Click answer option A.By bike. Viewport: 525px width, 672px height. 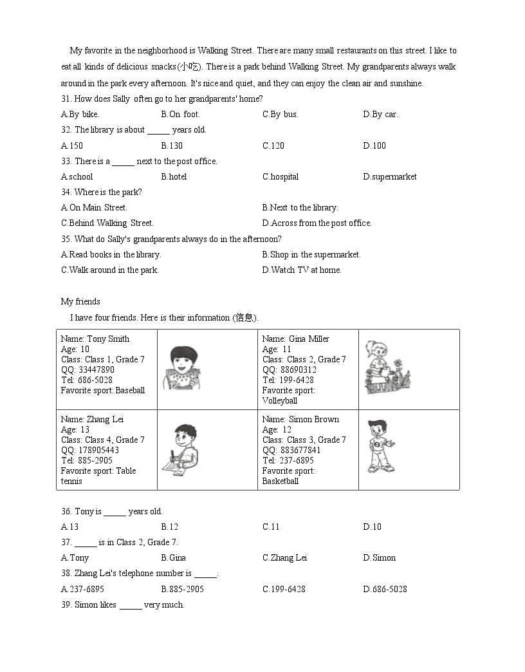pyautogui.click(x=80, y=115)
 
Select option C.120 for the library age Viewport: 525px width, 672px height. pyautogui.click(x=273, y=145)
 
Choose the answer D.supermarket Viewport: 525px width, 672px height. pyautogui.click(x=389, y=176)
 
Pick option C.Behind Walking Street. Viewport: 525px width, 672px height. pyautogui.click(x=107, y=223)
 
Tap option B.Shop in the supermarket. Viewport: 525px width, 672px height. pyautogui.click(x=311, y=254)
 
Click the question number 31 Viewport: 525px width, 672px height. pyautogui.click(x=66, y=98)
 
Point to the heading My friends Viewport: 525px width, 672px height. pyautogui.click(x=80, y=301)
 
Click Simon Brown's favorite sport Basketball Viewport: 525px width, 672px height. pyautogui.click(x=280, y=481)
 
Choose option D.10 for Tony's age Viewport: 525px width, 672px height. pyautogui.click(x=372, y=527)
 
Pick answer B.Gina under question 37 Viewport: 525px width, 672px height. pyautogui.click(x=173, y=557)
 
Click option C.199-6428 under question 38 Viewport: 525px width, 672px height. pyautogui.click(x=284, y=589)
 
